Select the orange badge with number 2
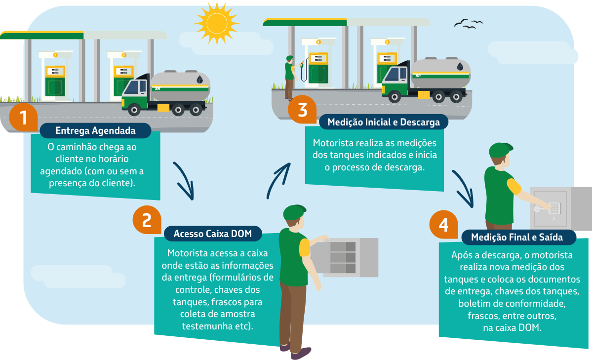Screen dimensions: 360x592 147,220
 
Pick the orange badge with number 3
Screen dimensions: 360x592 302,110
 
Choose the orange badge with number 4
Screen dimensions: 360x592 443,225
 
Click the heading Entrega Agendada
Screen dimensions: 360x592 95,131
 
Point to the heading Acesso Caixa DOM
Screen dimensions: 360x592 213,234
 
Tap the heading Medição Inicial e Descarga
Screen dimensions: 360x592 384,122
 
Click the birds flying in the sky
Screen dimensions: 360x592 468,23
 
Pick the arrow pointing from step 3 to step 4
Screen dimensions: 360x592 463,189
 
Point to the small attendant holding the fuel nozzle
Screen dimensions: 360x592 289,77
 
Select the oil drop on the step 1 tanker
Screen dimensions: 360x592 199,79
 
